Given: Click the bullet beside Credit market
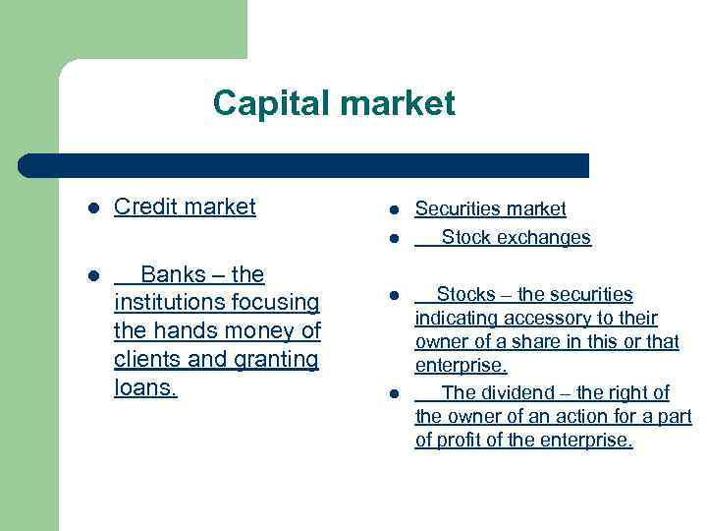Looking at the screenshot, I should [92, 208].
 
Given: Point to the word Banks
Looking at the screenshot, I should [169, 273].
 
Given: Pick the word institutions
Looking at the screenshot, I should [167, 302].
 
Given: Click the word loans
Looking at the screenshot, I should [145, 387].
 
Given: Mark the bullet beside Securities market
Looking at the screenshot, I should [392, 209].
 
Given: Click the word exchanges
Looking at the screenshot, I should [544, 237].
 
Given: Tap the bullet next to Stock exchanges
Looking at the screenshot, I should [392, 238].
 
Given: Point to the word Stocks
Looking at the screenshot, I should [465, 294].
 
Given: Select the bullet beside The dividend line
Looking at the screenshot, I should [392, 394].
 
